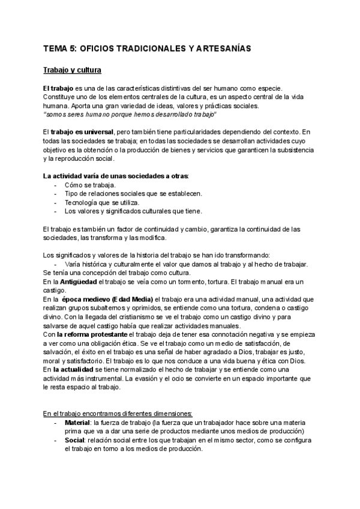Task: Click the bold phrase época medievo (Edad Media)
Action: (108, 299)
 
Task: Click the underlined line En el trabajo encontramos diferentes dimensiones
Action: (118, 414)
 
